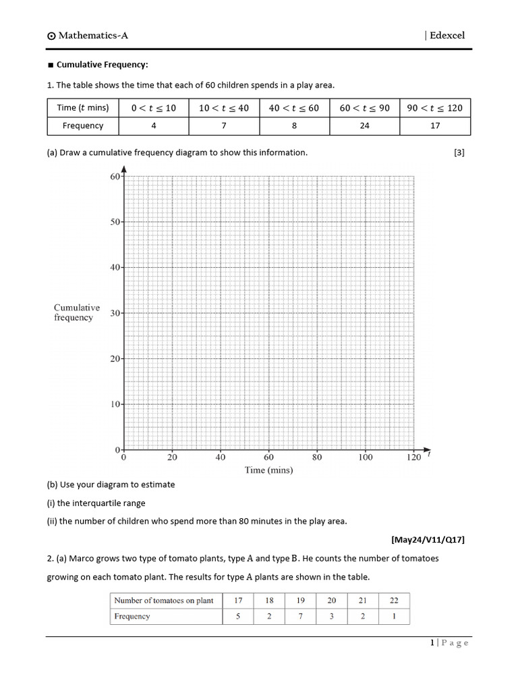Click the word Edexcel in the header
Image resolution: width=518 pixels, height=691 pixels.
pyautogui.click(x=447, y=35)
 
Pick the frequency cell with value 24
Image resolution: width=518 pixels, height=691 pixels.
pyautogui.click(x=364, y=126)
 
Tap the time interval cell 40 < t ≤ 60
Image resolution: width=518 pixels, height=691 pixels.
pyautogui.click(x=294, y=108)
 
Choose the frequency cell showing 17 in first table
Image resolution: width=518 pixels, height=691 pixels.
pyautogui.click(x=435, y=126)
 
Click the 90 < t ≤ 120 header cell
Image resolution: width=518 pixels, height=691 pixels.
pyautogui.click(x=435, y=108)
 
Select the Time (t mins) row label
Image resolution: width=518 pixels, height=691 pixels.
pyautogui.click(x=83, y=108)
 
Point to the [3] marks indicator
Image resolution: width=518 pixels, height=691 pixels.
pyautogui.click(x=459, y=153)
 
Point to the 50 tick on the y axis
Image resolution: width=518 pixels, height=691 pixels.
pyautogui.click(x=114, y=222)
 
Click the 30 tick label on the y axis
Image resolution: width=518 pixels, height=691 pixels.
pyautogui.click(x=114, y=313)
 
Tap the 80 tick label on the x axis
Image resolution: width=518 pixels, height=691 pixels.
pyautogui.click(x=317, y=458)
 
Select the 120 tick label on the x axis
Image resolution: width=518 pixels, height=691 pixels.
pyautogui.click(x=413, y=458)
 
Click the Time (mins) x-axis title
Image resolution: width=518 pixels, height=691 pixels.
pyautogui.click(x=268, y=470)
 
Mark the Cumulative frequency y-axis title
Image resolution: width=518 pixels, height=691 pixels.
pyautogui.click(x=77, y=312)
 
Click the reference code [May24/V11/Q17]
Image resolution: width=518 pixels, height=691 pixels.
pyautogui.click(x=428, y=540)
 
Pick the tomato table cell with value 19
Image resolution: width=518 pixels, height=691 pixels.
pyautogui.click(x=301, y=601)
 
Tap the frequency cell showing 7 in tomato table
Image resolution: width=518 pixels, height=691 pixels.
pyautogui.click(x=301, y=616)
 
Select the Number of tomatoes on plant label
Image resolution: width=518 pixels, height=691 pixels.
pyautogui.click(x=164, y=601)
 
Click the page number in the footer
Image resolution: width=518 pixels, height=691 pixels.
pyautogui.click(x=432, y=643)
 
